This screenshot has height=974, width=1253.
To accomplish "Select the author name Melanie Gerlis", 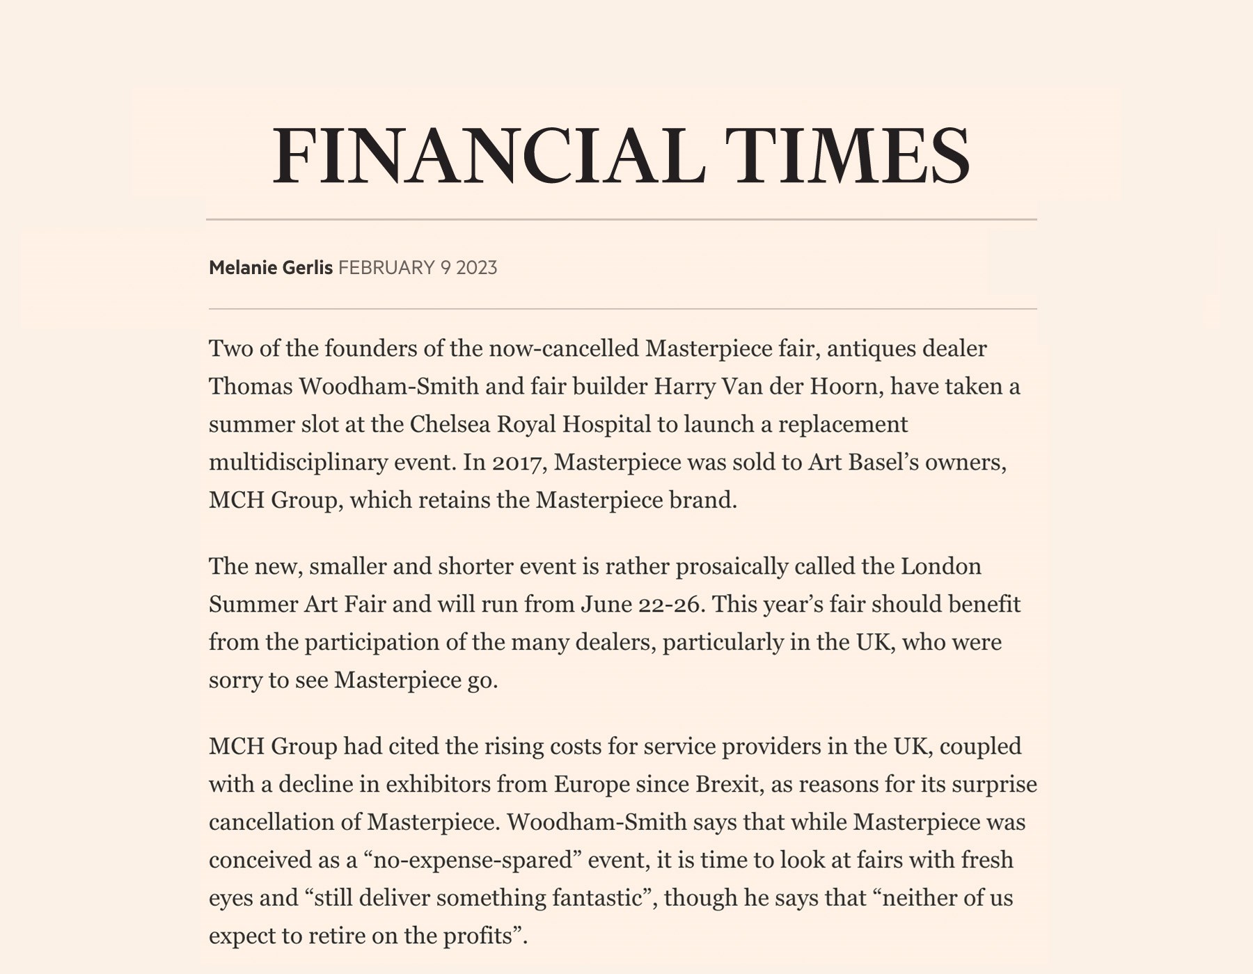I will [x=270, y=268].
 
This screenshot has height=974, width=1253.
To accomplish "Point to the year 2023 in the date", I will [x=477, y=268].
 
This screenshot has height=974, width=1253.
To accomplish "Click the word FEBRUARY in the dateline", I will [x=386, y=268].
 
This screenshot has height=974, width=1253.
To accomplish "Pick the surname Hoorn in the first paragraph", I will [x=844, y=386].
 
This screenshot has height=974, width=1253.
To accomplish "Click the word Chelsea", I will [x=450, y=424].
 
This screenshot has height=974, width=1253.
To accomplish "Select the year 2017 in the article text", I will [x=516, y=463].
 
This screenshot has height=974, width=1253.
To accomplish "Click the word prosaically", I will [x=732, y=567].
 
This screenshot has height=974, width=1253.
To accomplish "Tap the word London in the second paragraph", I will [x=941, y=567].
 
